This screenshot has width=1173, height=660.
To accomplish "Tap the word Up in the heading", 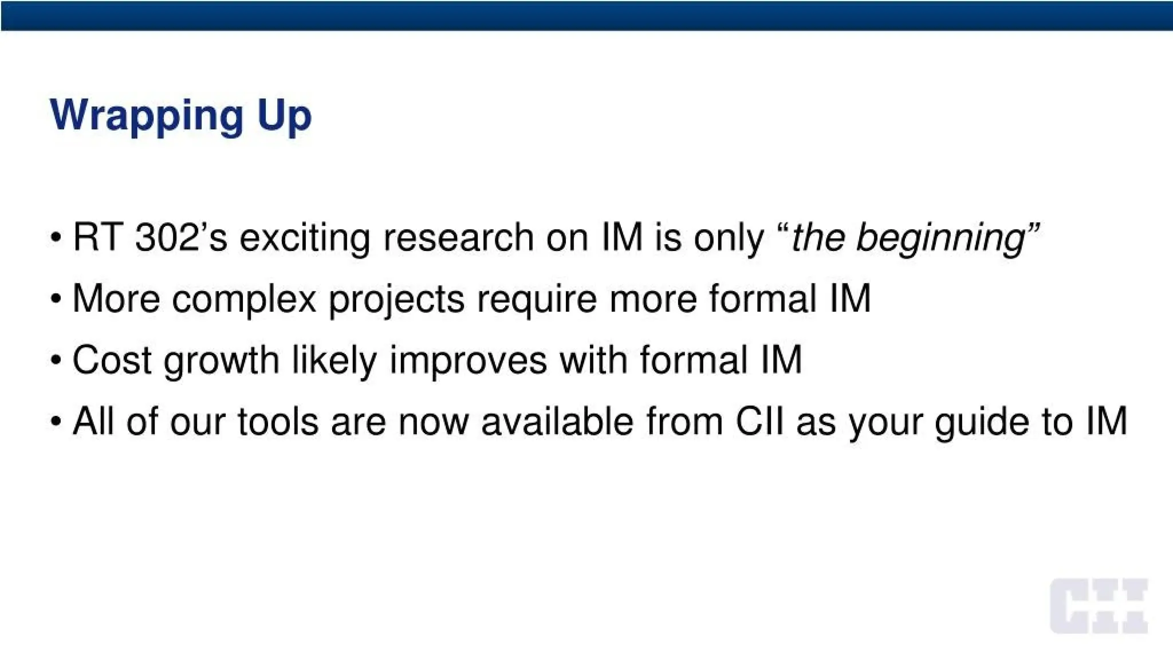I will coord(284,116).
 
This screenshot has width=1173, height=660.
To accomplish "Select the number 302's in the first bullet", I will coord(181,237).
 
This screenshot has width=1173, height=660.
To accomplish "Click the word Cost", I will coord(112,360).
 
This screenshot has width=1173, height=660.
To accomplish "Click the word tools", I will coord(278,422).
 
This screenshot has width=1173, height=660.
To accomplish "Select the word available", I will coord(557,422).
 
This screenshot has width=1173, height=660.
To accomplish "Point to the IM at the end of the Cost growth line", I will coord(781,360).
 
